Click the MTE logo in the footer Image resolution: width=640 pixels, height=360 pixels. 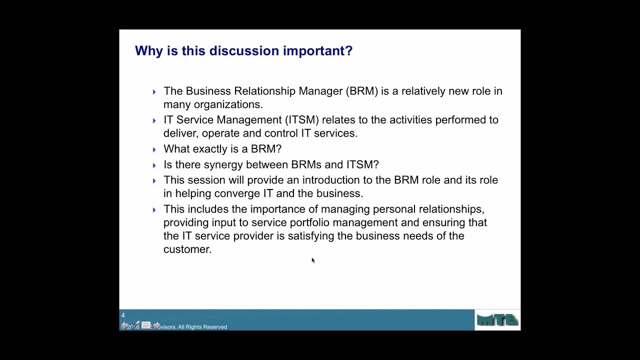(x=497, y=320)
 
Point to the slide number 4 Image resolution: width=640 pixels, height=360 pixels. (x=123, y=315)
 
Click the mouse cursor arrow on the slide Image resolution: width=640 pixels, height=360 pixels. (x=313, y=260)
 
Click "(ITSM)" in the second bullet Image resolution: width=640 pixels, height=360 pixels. (x=301, y=120)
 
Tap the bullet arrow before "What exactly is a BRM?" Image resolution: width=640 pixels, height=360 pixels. (x=154, y=149)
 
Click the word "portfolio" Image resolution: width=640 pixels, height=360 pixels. (x=309, y=222)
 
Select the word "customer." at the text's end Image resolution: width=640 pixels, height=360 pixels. (x=187, y=249)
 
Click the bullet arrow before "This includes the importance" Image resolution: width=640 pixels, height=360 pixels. (x=154, y=210)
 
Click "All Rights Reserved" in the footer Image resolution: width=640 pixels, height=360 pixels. (x=202, y=327)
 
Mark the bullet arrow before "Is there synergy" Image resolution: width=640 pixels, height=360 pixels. (x=154, y=165)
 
